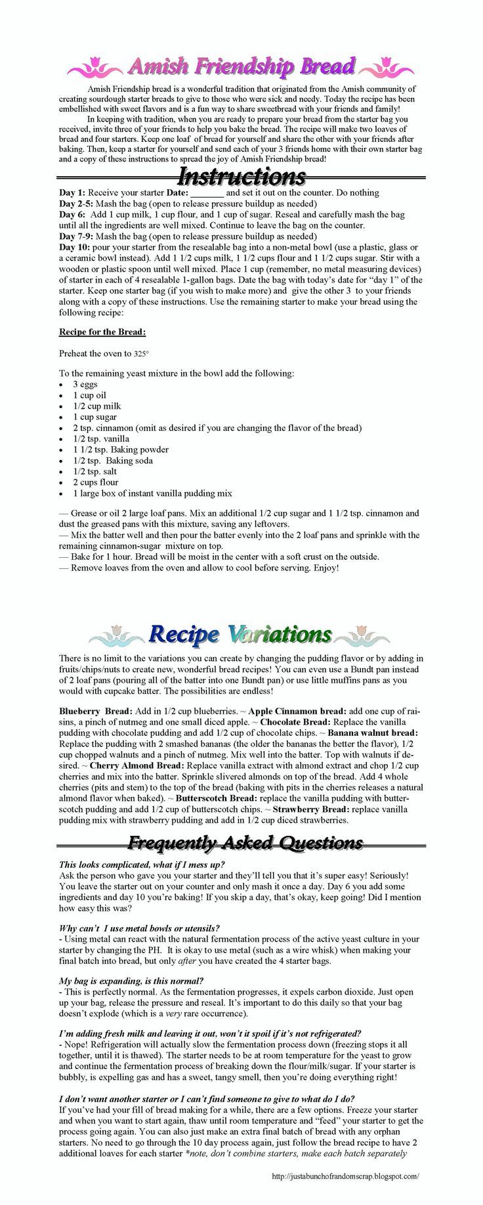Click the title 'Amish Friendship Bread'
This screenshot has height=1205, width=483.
[241, 66]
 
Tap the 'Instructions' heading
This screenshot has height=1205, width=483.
[241, 176]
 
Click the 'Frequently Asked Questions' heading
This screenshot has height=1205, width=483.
[245, 843]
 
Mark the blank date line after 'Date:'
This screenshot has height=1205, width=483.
[207, 194]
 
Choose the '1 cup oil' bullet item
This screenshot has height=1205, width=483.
[89, 396]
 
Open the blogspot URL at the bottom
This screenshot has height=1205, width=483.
[345, 1177]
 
